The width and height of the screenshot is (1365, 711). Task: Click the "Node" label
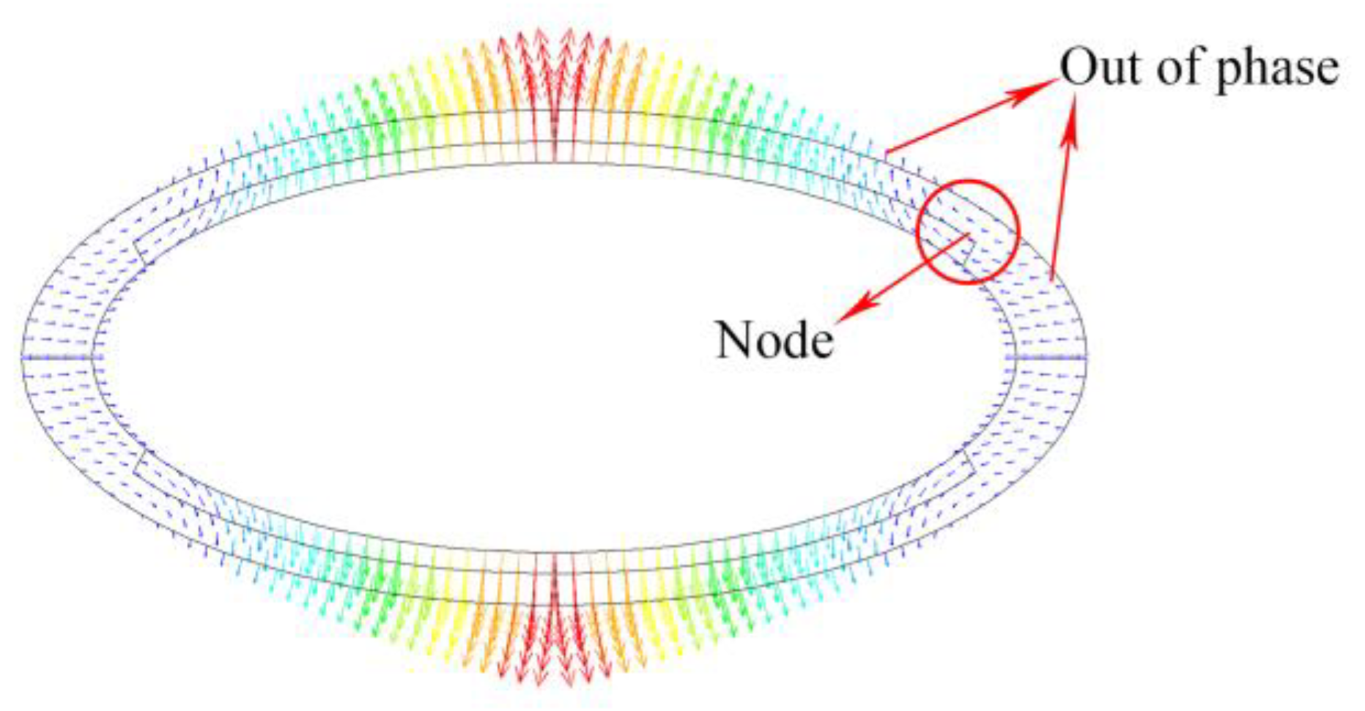click(x=774, y=341)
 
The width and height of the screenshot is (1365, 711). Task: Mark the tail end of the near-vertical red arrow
click(x=1052, y=278)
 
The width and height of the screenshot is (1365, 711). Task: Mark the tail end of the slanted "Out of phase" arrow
click(x=888, y=152)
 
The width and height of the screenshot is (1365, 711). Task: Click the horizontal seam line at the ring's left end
click(x=59, y=357)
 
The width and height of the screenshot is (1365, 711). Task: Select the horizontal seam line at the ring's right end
click(x=1048, y=357)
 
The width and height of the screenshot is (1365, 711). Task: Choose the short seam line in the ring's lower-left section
click(x=141, y=461)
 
